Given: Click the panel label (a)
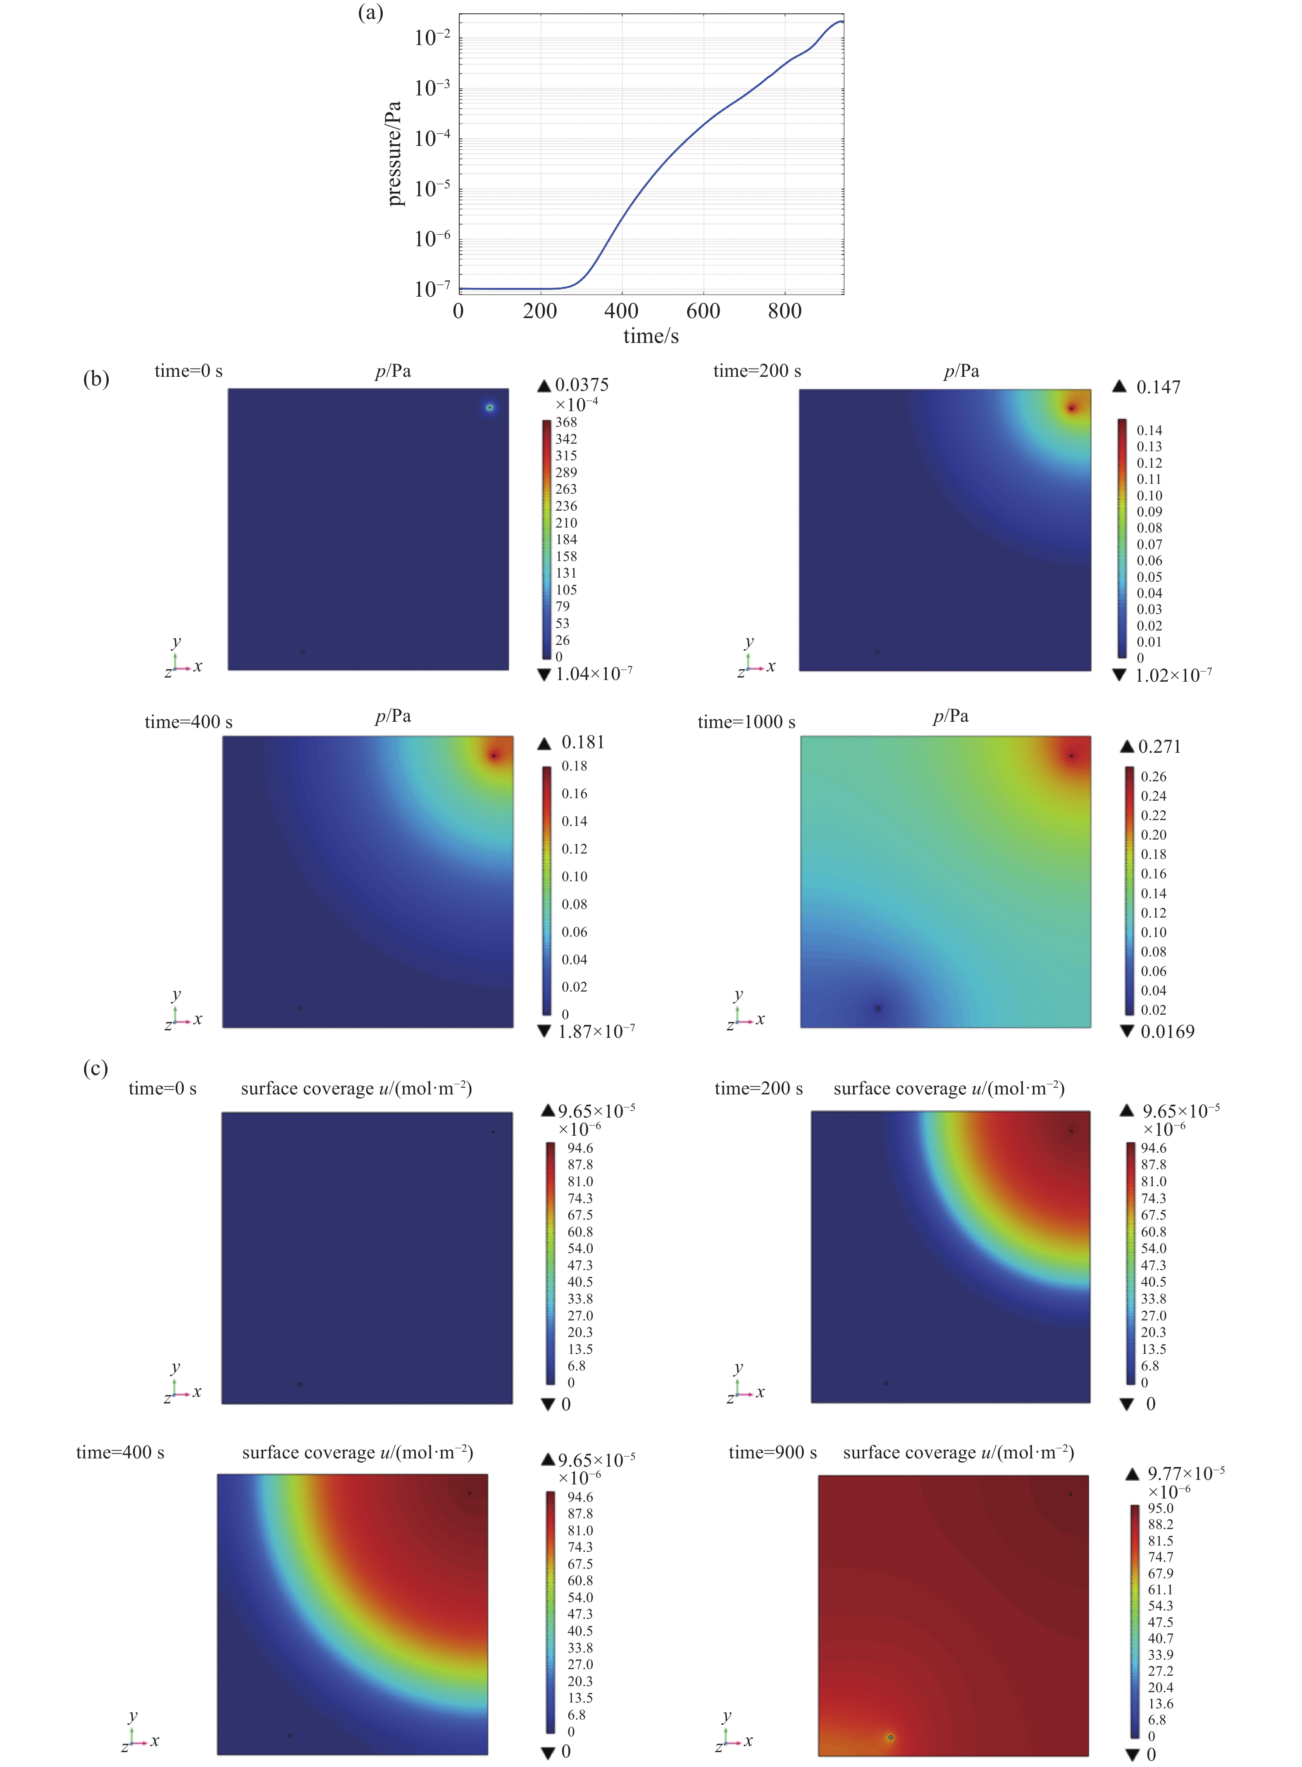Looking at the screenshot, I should pos(370,13).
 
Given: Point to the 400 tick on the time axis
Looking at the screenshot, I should pos(621,311).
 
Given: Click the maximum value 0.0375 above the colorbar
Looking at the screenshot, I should pos(582,385).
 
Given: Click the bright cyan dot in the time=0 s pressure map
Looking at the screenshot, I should pos(489,407).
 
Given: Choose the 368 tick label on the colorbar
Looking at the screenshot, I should pos(566,422).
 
